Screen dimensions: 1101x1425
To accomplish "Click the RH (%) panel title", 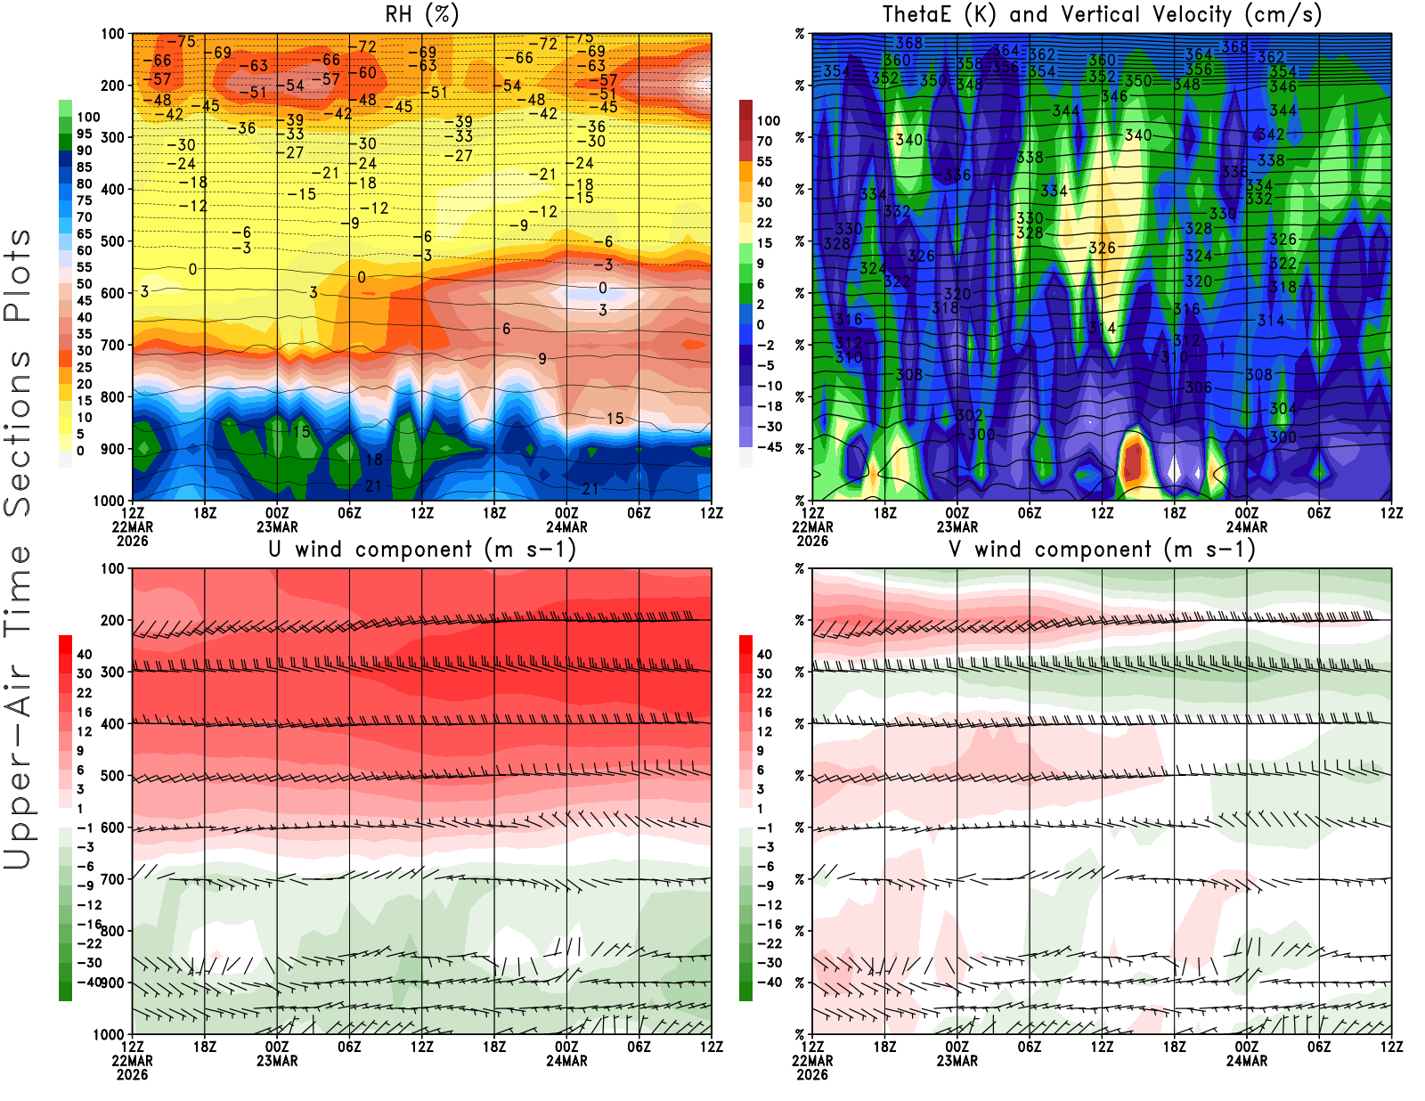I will click(x=422, y=14).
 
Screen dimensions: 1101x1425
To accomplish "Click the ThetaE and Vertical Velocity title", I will click(x=1102, y=14).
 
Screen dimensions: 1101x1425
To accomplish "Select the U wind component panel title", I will click(x=422, y=550).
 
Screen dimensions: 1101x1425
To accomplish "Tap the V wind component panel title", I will click(x=1102, y=550).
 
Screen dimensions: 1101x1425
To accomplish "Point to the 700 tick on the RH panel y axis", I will click(x=113, y=345).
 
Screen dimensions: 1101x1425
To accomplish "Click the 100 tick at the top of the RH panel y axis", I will click(x=113, y=34).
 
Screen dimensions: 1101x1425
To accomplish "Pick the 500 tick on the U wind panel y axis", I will click(x=113, y=776).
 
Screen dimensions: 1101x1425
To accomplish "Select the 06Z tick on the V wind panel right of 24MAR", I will click(x=1319, y=1047).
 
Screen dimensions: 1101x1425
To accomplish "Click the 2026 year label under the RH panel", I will click(x=132, y=541).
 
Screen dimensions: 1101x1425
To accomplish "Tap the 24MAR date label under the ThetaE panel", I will click(x=1247, y=526).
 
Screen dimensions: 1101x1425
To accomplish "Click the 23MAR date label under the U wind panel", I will click(x=277, y=1061).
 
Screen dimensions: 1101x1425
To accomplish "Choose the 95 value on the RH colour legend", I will click(x=85, y=134).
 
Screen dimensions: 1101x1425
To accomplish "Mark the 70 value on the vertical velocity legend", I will click(x=764, y=141).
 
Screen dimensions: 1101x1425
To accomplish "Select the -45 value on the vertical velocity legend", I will click(x=769, y=447).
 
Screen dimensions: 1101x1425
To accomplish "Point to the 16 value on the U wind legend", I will click(x=85, y=712).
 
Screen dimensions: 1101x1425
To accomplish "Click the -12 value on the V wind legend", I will click(x=769, y=905).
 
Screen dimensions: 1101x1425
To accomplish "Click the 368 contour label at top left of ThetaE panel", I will click(x=909, y=43).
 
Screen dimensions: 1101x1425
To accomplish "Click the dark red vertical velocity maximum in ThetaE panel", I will click(x=1133, y=461).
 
